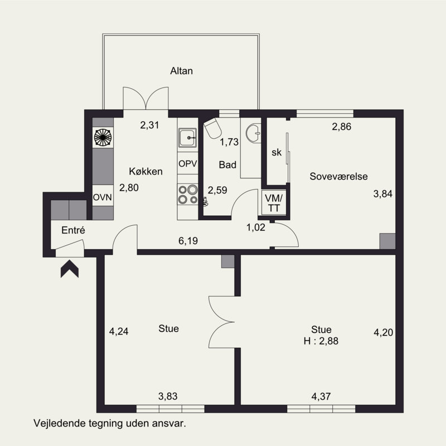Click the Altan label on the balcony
pos(182,71)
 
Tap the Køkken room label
pos(146,171)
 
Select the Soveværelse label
pos(338,176)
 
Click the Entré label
pos(73,230)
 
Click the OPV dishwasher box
pos(188,163)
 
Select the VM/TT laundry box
pos(274,203)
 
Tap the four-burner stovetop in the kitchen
pos(188,194)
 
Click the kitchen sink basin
pos(187,138)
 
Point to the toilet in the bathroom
pos(212,129)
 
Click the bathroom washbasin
pos(254,133)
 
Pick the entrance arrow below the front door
pos(69,269)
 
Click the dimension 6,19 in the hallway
pos(188,241)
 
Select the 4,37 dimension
pos(321,396)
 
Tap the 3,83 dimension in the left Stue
pos(168,396)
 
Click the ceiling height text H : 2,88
pos(321,341)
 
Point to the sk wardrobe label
pos(277,152)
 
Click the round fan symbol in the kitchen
pos(103,137)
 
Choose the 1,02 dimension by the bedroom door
pos(256,227)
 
